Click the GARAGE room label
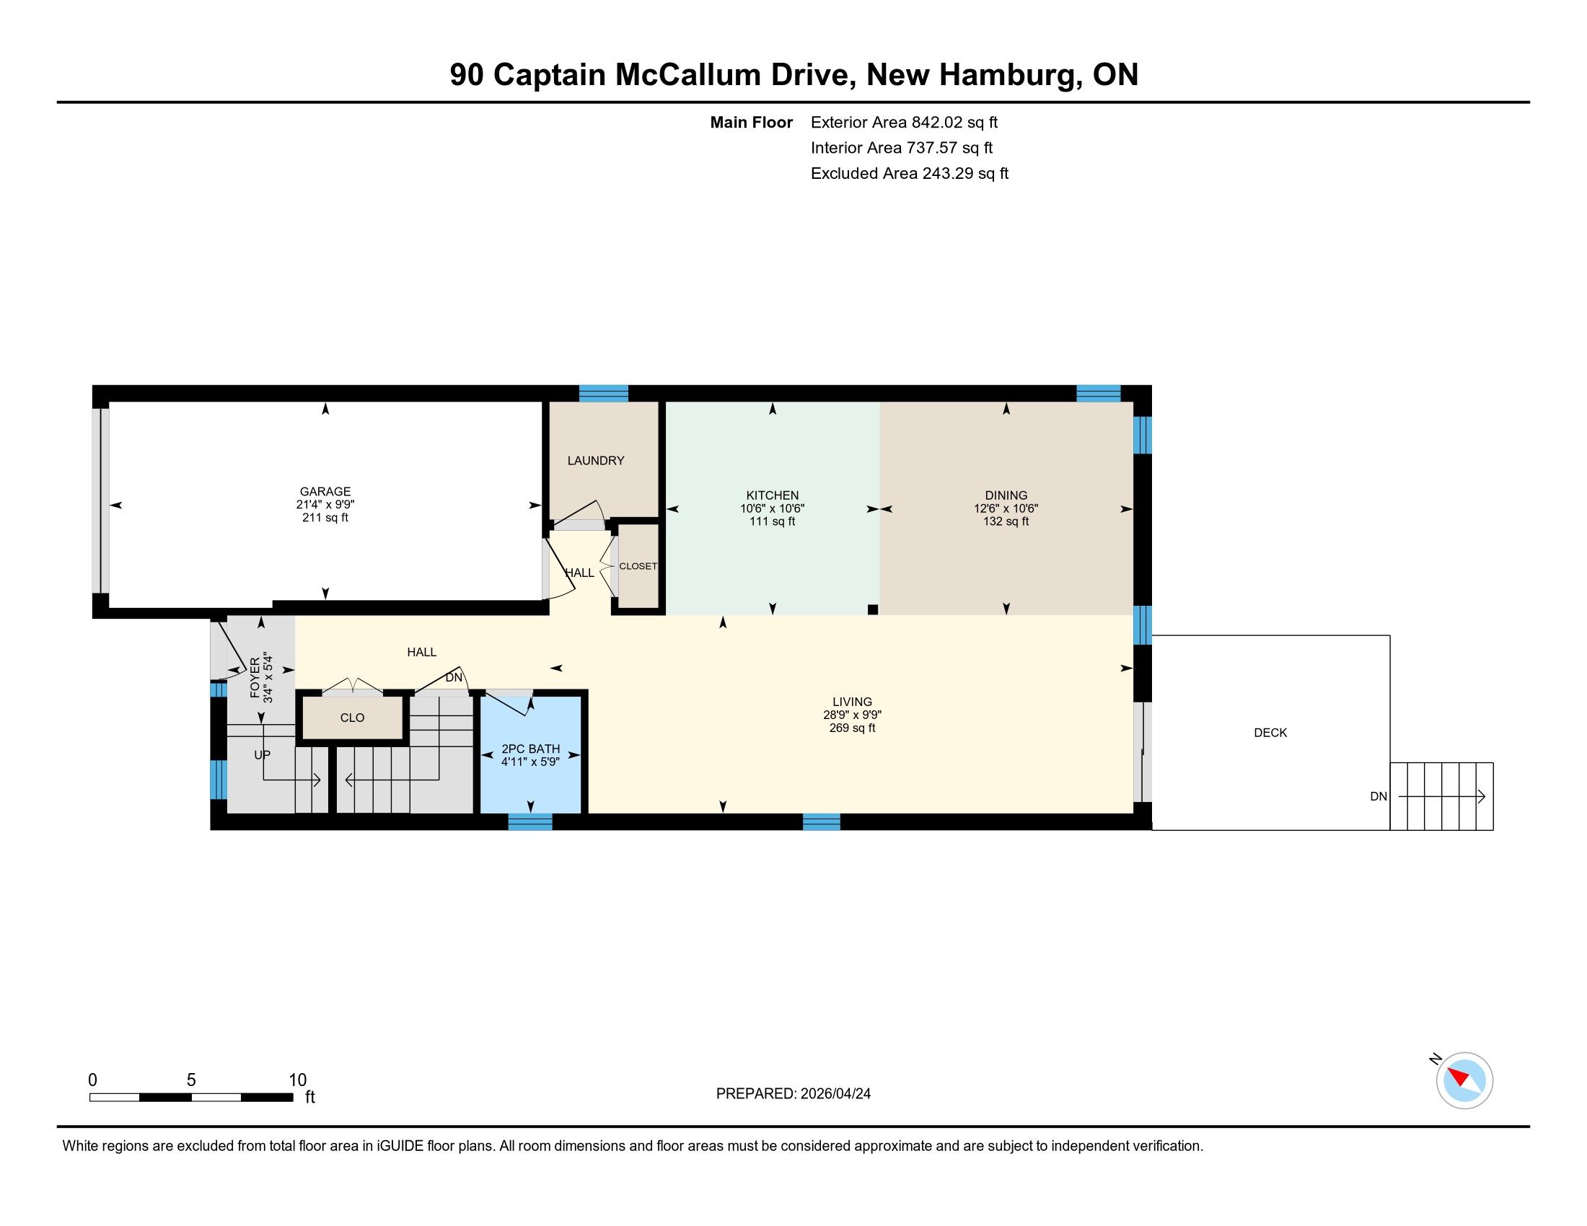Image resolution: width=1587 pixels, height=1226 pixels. pos(325,492)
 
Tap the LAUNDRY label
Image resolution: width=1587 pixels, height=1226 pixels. pos(596,461)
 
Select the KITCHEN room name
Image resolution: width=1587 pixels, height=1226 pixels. pos(773,495)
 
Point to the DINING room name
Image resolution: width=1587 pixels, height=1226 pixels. pos(1006,495)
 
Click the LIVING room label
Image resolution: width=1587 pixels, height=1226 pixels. pos(853,702)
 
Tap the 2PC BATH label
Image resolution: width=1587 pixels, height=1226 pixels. pos(530,749)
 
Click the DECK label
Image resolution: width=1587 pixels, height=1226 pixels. pos(1270,733)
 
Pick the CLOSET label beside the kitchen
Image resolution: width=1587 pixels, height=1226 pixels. pos(638,567)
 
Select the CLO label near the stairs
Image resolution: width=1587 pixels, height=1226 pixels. pos(353,718)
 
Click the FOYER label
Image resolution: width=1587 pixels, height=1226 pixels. pos(255,678)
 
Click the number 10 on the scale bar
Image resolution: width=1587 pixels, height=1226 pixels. pos(298,1080)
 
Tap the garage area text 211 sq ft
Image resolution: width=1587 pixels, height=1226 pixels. pos(325,518)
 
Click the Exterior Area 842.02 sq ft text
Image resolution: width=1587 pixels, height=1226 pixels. pos(904,123)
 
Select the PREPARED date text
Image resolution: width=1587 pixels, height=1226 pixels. pos(793,1094)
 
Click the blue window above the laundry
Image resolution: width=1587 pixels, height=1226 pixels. pos(603,393)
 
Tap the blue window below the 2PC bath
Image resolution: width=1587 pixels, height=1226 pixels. pos(529,821)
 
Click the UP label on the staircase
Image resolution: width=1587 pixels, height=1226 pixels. pos(263,754)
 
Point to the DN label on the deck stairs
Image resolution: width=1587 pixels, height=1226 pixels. pos(1379,797)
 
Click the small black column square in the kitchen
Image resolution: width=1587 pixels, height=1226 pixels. pos(873,610)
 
